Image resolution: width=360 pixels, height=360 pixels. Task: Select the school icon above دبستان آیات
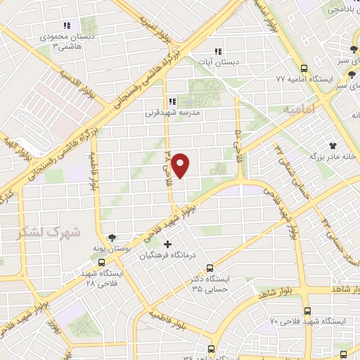[x=217, y=51]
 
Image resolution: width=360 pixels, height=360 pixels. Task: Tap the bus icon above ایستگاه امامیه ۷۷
[x=304, y=68]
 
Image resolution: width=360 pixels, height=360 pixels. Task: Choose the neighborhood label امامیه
[x=297, y=110]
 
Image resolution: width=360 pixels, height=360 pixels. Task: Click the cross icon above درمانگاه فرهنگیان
[x=167, y=244]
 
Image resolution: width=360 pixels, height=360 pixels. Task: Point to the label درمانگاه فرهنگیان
[x=167, y=255]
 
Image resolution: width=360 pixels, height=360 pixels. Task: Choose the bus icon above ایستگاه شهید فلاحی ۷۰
[x=307, y=309]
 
